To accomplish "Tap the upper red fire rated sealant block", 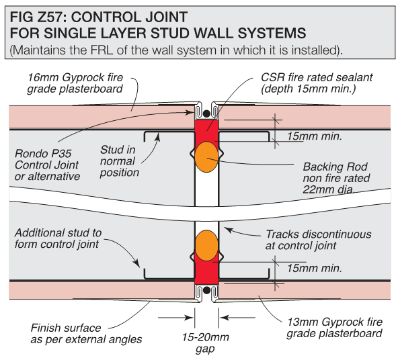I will pos(206,129).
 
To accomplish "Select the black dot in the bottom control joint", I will pos(206,290).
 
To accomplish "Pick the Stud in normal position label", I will pos(119,161).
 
